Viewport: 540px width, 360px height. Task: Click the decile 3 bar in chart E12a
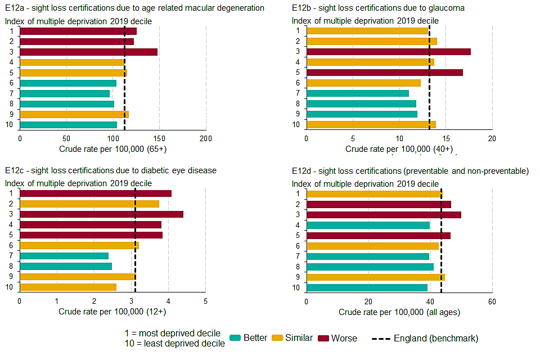point(88,52)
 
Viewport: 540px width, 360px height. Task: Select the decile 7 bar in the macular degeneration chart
point(65,93)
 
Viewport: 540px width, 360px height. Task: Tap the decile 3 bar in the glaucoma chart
point(388,52)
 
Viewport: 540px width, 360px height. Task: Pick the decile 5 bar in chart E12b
point(384,73)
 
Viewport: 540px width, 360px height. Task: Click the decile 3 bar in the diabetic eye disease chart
point(101,214)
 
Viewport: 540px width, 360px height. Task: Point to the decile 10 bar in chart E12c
point(68,287)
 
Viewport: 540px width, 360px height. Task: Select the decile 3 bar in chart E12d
point(384,214)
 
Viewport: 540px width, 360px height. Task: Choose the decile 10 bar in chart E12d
point(367,287)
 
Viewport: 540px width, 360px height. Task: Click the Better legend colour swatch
point(235,338)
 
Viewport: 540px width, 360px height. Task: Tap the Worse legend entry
point(344,338)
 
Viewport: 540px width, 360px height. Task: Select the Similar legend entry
point(299,338)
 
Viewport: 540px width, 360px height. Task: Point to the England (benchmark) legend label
point(436,338)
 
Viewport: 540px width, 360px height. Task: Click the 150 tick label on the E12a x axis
point(159,138)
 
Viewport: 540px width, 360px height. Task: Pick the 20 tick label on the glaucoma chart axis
point(492,138)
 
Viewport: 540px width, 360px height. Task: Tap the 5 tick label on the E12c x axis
point(205,301)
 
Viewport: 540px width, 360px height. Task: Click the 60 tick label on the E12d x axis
point(492,301)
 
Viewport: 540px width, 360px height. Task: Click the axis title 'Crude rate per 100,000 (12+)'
point(112,312)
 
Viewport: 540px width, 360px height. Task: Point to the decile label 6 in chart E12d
point(298,246)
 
